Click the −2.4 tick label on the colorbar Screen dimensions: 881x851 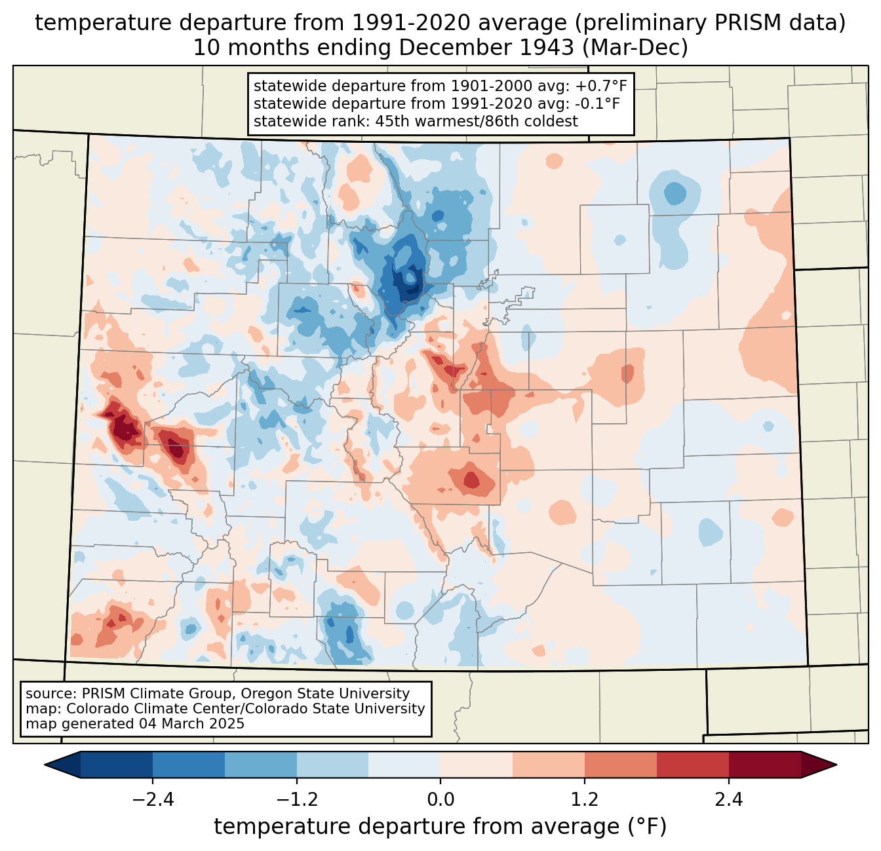(x=153, y=799)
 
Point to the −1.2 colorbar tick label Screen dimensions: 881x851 (x=297, y=799)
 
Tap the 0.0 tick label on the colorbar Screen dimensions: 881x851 (x=440, y=799)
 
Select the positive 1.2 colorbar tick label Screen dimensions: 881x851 (x=585, y=799)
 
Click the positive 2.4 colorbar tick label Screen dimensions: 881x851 (x=729, y=799)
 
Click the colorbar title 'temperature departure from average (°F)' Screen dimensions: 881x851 (x=440, y=826)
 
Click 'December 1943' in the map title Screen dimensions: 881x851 (x=486, y=48)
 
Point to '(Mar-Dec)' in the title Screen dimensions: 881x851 (x=635, y=48)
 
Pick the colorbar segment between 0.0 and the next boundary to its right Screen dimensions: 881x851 (x=477, y=765)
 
